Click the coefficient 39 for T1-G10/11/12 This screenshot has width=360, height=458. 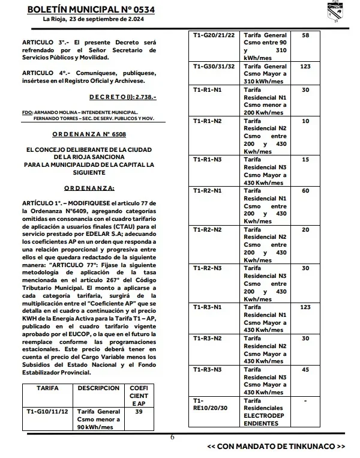coord(139,412)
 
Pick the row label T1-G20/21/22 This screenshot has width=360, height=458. coord(214,36)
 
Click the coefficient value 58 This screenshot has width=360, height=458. coord(305,36)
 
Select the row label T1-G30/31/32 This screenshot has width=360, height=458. coord(214,67)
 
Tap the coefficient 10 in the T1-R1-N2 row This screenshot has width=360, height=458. coord(305,121)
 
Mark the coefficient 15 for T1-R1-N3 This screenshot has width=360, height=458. coord(305,159)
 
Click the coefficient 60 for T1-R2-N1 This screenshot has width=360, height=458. coord(305,190)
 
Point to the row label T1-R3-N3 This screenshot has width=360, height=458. coord(208,369)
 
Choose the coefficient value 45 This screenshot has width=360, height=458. coord(305,369)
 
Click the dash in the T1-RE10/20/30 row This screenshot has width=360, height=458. coord(305,400)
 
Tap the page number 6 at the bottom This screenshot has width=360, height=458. coord(172,437)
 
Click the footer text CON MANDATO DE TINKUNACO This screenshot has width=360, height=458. coord(276,447)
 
